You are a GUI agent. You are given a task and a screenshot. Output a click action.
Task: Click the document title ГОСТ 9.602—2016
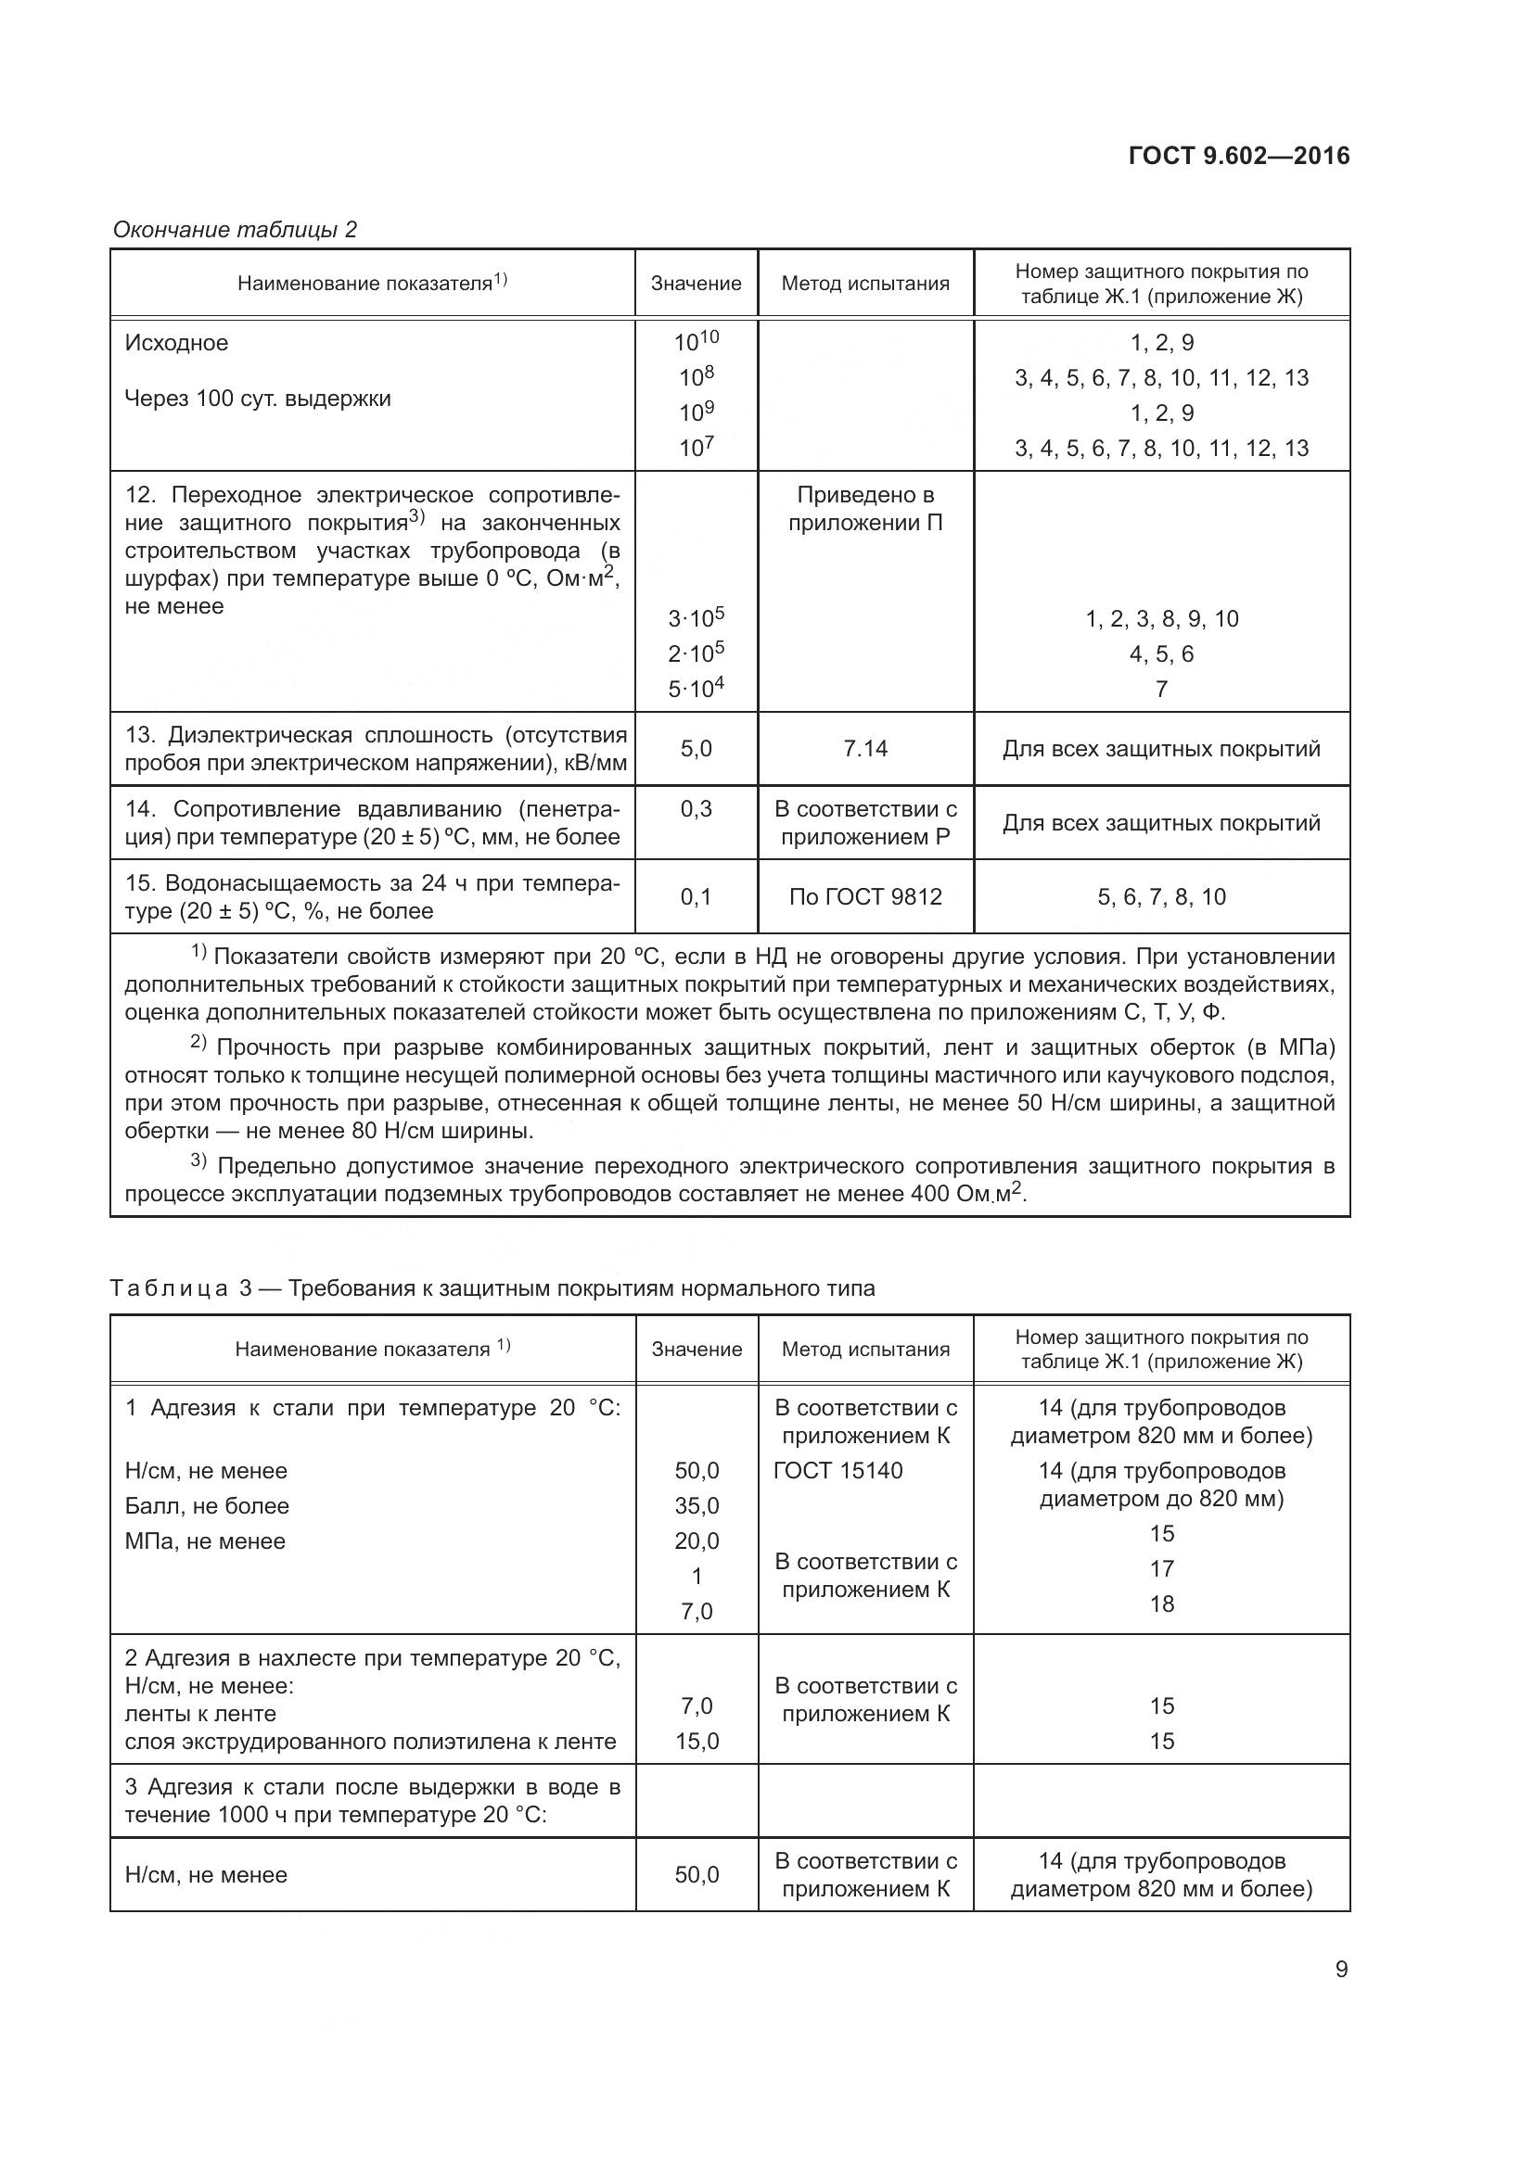(1239, 157)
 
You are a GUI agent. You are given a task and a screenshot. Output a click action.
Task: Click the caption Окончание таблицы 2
(235, 230)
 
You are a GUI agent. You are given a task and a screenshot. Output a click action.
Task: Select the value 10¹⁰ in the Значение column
(697, 341)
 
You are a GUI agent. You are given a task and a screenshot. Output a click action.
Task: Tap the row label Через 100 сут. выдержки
(258, 399)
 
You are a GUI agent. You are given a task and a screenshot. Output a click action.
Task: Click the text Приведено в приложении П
(865, 509)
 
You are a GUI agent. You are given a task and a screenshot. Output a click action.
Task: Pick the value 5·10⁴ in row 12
(697, 689)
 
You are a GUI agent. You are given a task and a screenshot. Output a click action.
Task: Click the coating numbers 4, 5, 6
(1161, 653)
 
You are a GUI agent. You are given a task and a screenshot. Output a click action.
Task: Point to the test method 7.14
(865, 749)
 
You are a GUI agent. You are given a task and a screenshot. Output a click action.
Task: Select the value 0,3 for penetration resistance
(697, 808)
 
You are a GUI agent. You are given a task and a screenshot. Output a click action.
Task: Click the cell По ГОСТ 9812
(865, 896)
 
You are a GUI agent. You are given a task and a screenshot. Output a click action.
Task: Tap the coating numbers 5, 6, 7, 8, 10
(1161, 896)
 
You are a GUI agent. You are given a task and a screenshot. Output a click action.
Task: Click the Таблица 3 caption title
(492, 1288)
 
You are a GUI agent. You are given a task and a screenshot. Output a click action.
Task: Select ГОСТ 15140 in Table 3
(837, 1470)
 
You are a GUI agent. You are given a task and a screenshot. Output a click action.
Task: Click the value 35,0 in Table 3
(697, 1505)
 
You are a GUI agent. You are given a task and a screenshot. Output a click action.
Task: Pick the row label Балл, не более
(207, 1505)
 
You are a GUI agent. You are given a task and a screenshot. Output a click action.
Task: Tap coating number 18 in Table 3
(1161, 1604)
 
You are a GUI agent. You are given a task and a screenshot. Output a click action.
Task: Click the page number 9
(1341, 1969)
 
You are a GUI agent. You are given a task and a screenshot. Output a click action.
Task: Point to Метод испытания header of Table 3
(865, 1350)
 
